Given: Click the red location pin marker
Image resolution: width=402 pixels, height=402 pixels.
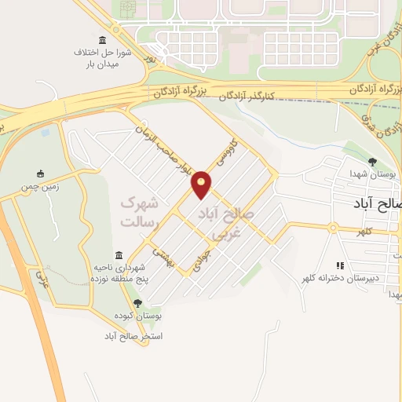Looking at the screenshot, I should pyautogui.click(x=203, y=184).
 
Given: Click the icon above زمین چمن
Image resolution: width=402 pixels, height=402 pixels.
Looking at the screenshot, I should pyautogui.click(x=41, y=174).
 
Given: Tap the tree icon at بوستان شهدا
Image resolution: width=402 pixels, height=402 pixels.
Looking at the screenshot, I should pyautogui.click(x=362, y=162).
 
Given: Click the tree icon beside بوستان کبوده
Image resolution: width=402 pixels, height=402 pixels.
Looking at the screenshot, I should pyautogui.click(x=138, y=302).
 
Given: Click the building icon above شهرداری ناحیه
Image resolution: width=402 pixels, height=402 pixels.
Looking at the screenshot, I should pyautogui.click(x=119, y=255).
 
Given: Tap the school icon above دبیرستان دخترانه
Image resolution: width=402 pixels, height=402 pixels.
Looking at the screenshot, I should pyautogui.click(x=340, y=265).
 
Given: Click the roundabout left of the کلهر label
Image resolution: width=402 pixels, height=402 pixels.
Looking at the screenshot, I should pyautogui.click(x=333, y=228).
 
